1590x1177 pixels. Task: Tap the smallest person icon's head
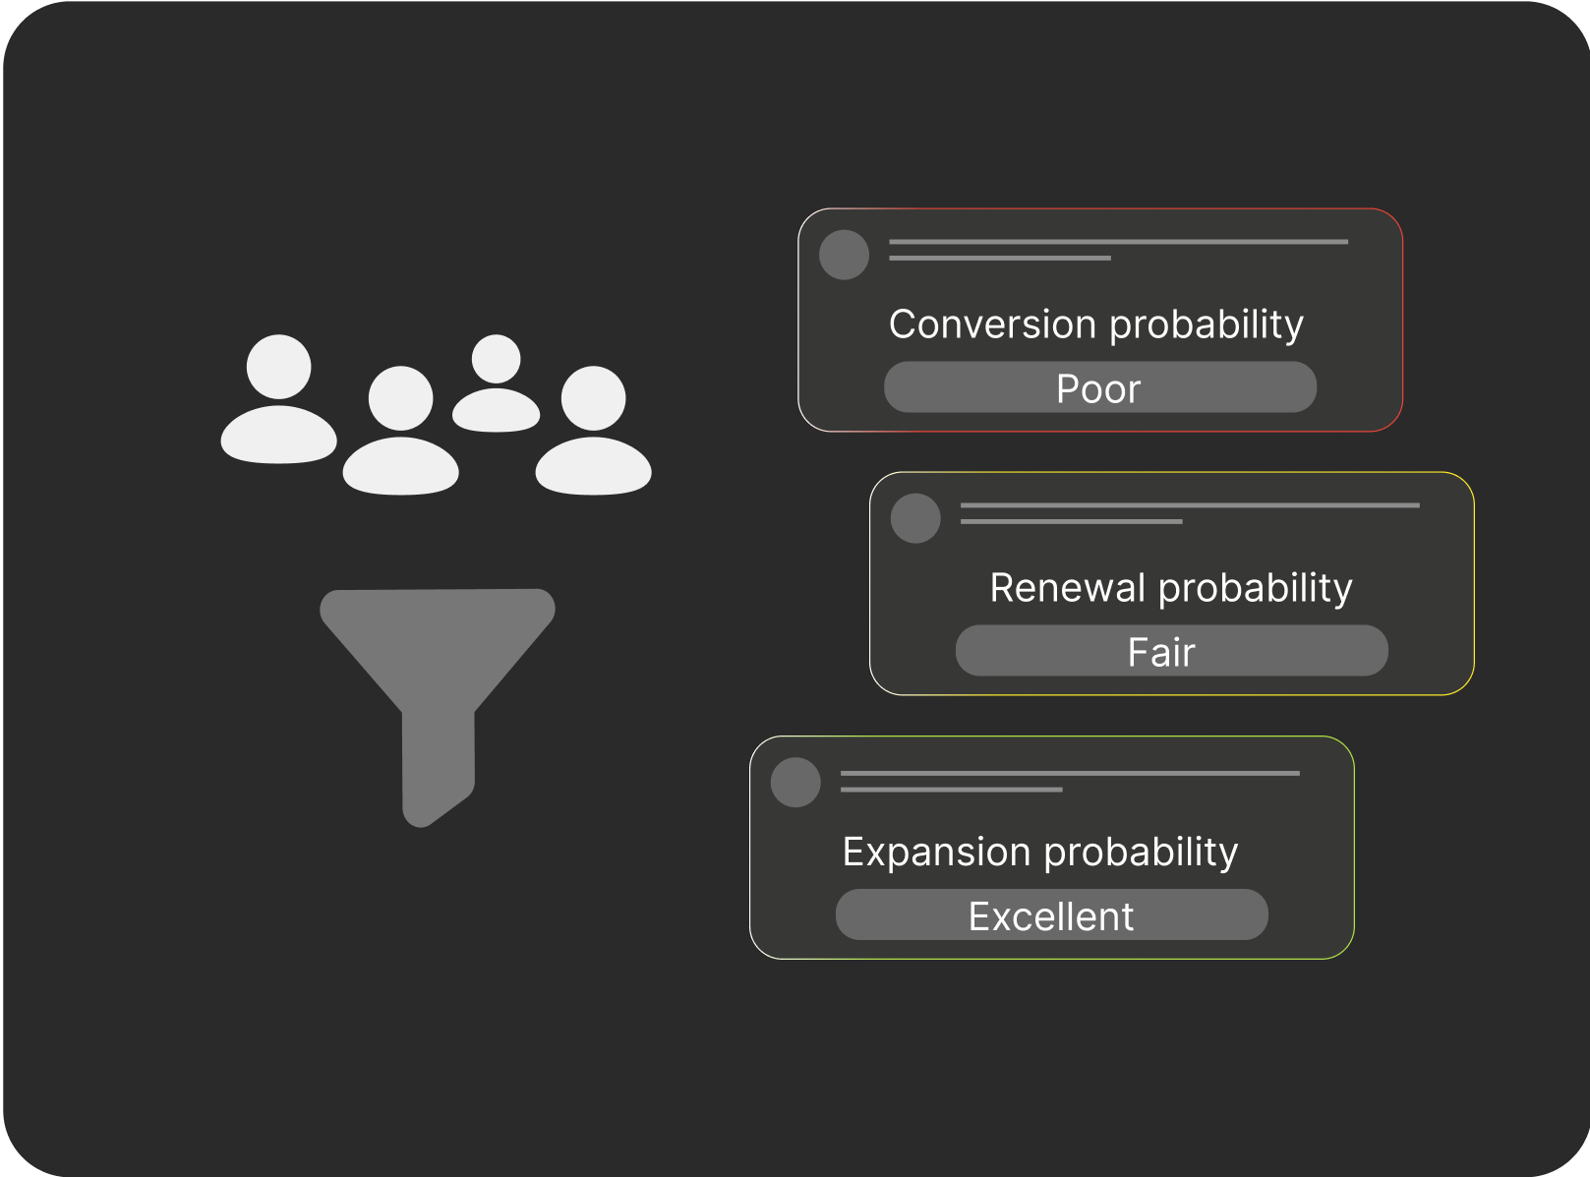pos(496,358)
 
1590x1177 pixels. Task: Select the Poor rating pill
pos(1099,387)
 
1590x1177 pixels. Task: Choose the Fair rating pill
pos(1171,651)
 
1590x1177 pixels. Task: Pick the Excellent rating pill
pos(1051,914)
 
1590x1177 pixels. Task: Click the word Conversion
pos(993,324)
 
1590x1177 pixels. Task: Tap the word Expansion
pos(937,852)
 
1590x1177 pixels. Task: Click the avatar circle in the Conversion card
pos(844,255)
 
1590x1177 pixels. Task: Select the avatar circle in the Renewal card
pos(915,518)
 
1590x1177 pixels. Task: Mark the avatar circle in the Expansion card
pos(795,782)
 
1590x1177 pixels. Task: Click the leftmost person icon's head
pos(279,367)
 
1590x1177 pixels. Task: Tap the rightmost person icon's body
pos(594,466)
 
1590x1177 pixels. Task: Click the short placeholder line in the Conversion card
pos(1000,258)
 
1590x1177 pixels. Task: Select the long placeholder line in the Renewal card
pos(1190,505)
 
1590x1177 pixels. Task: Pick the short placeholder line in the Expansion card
pos(951,790)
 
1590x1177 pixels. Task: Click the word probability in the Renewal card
pos(1256,589)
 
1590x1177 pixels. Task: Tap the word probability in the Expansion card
pos(1141,853)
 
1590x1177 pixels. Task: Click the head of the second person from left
pos(401,398)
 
